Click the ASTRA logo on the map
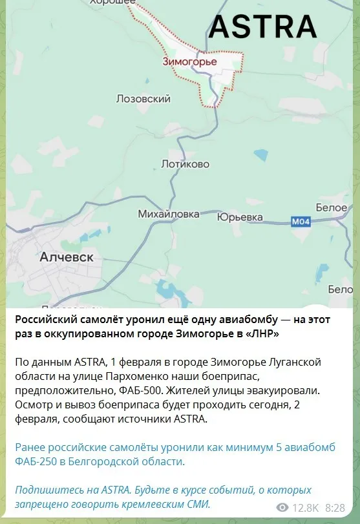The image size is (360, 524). point(262,26)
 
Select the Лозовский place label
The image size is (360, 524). point(143,99)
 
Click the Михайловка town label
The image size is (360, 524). point(169,213)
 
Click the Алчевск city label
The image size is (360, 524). point(67,257)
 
